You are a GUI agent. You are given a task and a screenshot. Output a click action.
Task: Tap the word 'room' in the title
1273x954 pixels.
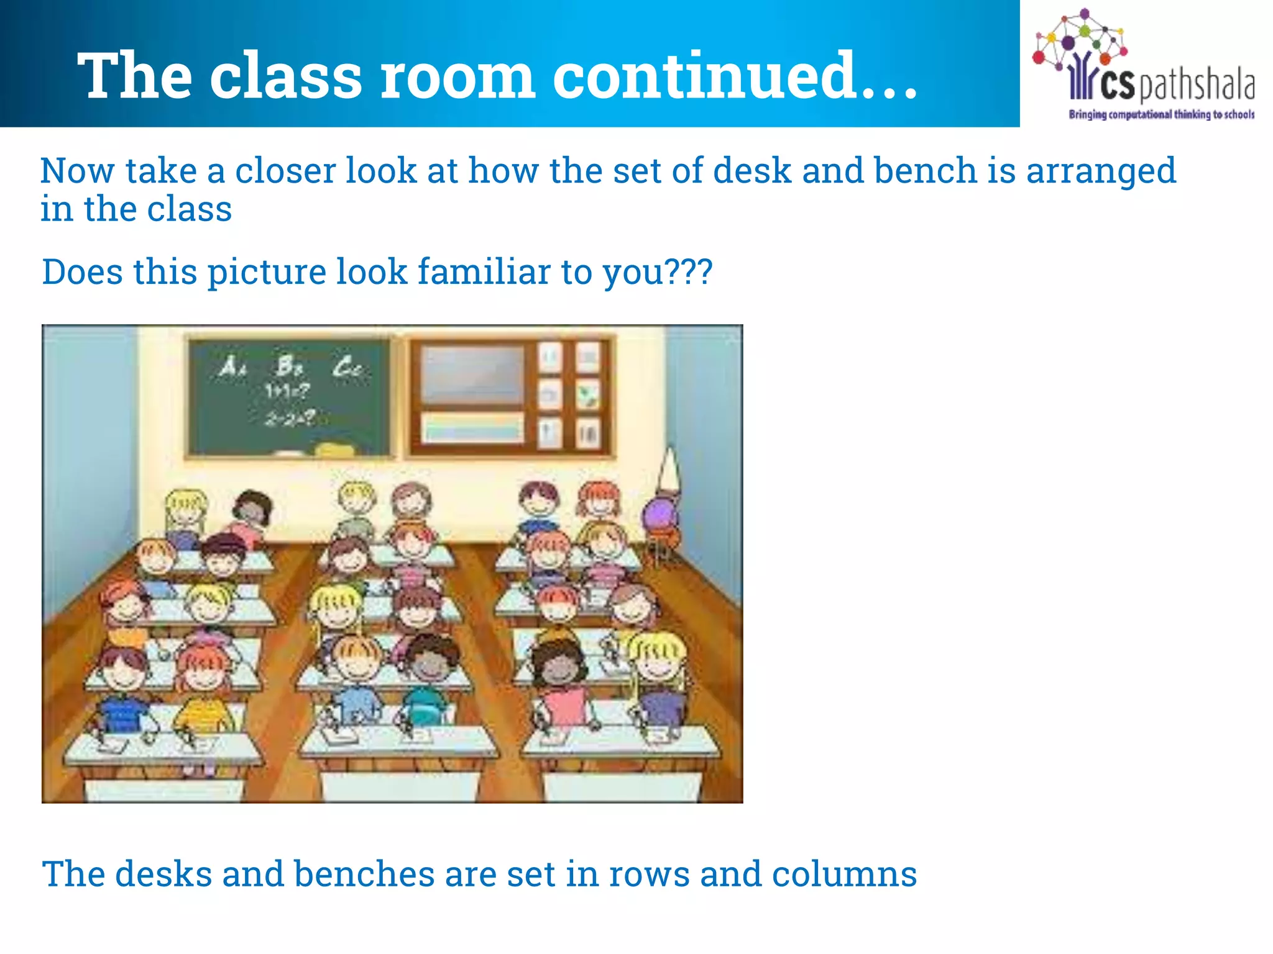coord(457,76)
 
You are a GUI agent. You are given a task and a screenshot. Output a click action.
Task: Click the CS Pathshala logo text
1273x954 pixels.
coord(1161,86)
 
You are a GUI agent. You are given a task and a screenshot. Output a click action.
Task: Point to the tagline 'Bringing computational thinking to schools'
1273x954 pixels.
coord(1161,114)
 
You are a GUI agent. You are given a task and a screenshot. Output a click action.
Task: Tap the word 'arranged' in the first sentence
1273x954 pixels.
coord(1101,171)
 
